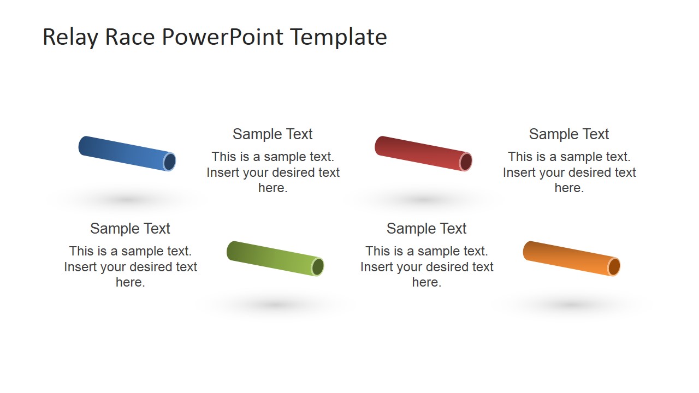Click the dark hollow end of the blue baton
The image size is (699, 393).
tap(170, 162)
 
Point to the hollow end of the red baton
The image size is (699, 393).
tap(466, 162)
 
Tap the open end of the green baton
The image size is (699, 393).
tap(318, 267)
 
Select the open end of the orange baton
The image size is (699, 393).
tap(614, 267)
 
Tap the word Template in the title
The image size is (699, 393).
tap(339, 37)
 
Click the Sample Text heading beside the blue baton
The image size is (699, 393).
tap(273, 134)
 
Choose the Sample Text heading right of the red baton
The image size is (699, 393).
tap(569, 134)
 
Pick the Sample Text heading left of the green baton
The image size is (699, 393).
tap(130, 229)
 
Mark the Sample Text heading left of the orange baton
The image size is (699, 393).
tap(426, 229)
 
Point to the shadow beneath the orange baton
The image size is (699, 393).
tap(571, 305)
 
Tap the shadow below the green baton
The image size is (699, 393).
tap(275, 305)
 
